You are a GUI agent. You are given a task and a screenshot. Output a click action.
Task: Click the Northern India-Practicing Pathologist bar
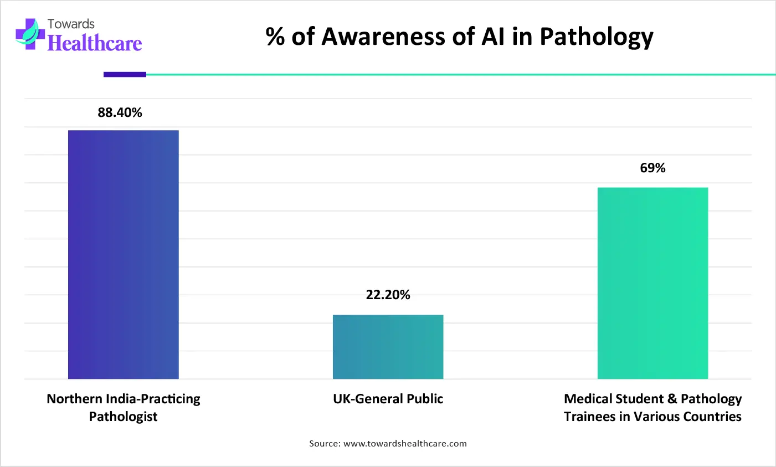pyautogui.click(x=123, y=254)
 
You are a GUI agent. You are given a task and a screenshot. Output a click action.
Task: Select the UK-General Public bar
pyautogui.click(x=388, y=347)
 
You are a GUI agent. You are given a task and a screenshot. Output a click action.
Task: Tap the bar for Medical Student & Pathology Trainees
pyautogui.click(x=652, y=283)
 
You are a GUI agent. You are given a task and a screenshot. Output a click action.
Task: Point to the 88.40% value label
pyautogui.click(x=120, y=112)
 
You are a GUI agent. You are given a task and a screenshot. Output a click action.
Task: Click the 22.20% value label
pyautogui.click(x=388, y=295)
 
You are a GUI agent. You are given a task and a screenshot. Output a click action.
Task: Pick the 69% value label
pyautogui.click(x=652, y=168)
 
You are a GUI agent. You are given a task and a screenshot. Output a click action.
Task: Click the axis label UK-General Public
pyautogui.click(x=388, y=399)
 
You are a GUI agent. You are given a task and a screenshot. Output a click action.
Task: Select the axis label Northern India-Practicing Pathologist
pyautogui.click(x=123, y=408)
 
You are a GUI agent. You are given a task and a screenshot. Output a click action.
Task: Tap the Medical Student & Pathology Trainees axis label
pyautogui.click(x=652, y=408)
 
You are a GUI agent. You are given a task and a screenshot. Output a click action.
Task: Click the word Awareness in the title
pyautogui.click(x=398, y=37)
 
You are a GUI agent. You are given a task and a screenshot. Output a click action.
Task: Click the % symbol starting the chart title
pyautogui.click(x=275, y=37)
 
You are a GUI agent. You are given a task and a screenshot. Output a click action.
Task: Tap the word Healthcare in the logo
pyautogui.click(x=95, y=43)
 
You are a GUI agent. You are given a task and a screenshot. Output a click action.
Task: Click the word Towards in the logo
pyautogui.click(x=71, y=24)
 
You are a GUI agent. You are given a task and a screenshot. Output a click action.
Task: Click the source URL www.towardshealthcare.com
pyautogui.click(x=405, y=443)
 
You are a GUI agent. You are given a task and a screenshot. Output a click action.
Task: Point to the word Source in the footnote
pyautogui.click(x=323, y=443)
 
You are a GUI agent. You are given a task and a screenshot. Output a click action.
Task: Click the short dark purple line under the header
pyautogui.click(x=125, y=74)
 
